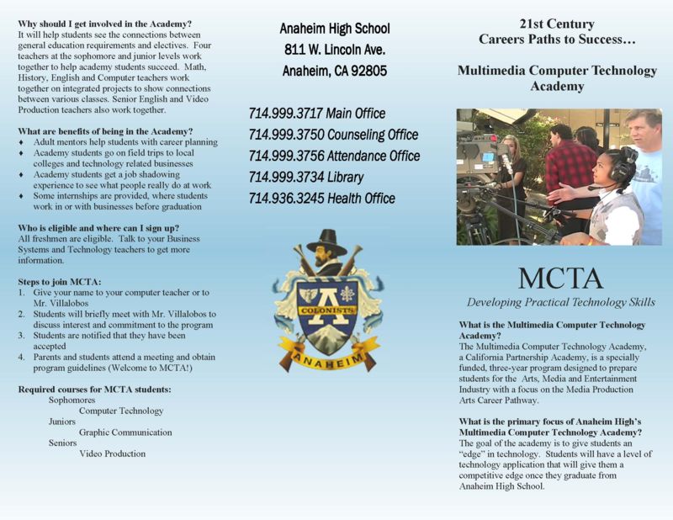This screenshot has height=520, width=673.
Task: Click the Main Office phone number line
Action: [316, 114]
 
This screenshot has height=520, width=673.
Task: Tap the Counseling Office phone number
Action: [333, 135]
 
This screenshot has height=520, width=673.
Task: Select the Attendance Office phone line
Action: [334, 156]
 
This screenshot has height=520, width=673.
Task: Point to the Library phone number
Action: [305, 177]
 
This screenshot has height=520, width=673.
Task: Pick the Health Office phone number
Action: [321, 199]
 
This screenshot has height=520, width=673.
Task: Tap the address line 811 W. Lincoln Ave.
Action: [334, 50]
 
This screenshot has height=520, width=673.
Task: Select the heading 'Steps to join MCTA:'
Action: [60, 280]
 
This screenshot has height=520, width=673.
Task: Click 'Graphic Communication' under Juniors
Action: [125, 432]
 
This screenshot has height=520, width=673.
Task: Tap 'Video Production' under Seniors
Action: [112, 454]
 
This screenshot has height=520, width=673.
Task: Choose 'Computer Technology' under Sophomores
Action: [121, 411]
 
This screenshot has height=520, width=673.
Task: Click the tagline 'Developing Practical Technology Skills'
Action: [560, 302]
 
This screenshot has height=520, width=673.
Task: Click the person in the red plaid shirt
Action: [570, 168]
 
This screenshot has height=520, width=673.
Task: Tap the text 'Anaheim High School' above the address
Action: [334, 29]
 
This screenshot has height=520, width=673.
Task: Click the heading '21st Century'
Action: [558, 24]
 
